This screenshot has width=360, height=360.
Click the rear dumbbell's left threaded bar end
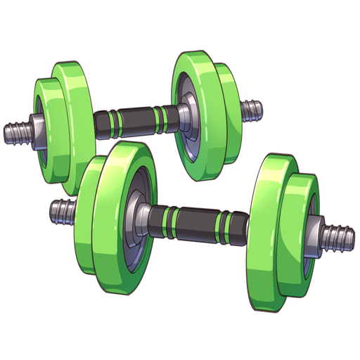pos(15,133)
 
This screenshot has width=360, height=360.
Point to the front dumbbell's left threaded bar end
pos(62,210)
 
